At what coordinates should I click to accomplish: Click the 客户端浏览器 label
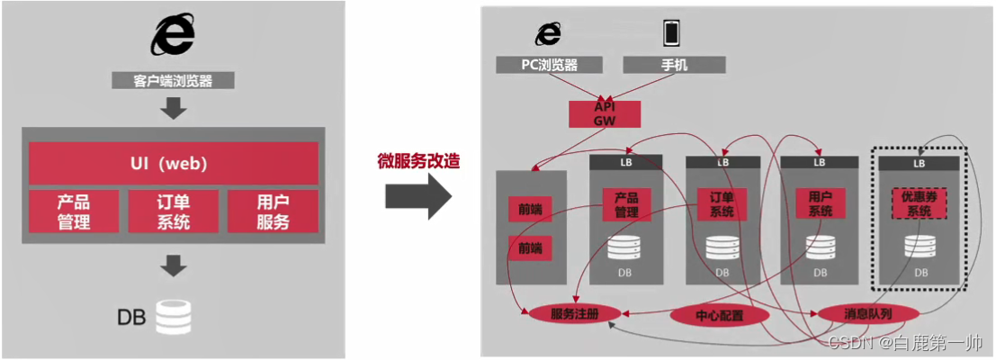pyautogui.click(x=174, y=81)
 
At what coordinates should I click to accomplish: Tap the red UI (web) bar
pyautogui.click(x=174, y=164)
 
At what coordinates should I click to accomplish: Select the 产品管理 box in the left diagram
pyautogui.click(x=74, y=211)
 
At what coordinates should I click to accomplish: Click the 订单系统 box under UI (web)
pyautogui.click(x=173, y=211)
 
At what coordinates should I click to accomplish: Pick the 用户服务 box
pyautogui.click(x=273, y=211)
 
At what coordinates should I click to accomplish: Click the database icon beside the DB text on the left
pyautogui.click(x=174, y=317)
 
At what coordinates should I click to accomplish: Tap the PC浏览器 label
pyautogui.click(x=549, y=65)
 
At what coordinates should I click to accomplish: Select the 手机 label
pyautogui.click(x=672, y=65)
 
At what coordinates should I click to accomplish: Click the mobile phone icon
pyautogui.click(x=671, y=33)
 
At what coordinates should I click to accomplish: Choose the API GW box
pyautogui.click(x=604, y=113)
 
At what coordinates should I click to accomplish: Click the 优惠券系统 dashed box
pyautogui.click(x=919, y=203)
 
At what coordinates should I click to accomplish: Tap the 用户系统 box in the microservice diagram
pyautogui.click(x=820, y=203)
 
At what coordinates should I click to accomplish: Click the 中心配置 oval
pyautogui.click(x=719, y=316)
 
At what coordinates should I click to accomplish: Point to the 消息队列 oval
pyautogui.click(x=867, y=313)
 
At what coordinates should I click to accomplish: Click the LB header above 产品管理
pyautogui.click(x=626, y=163)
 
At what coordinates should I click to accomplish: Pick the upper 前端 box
pyautogui.click(x=531, y=209)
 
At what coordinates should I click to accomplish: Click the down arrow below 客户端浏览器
pyautogui.click(x=174, y=109)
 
